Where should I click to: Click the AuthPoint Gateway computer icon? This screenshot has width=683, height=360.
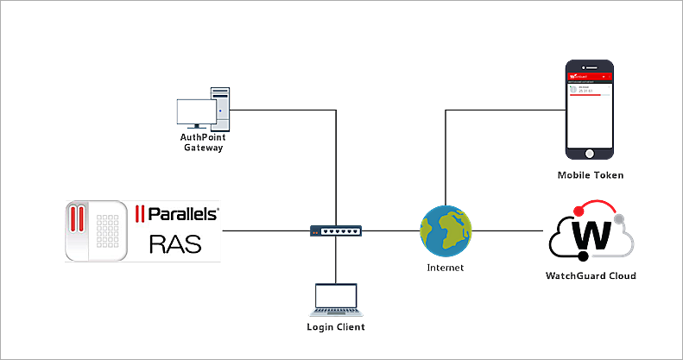click(204, 111)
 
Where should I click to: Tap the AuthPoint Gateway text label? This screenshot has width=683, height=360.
click(203, 142)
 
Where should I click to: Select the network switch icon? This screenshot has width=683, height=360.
click(336, 231)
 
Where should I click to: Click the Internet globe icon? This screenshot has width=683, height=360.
click(446, 231)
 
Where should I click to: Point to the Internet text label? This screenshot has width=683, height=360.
click(446, 268)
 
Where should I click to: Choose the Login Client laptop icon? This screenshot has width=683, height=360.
click(335, 299)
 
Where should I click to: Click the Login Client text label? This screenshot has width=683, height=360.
click(336, 327)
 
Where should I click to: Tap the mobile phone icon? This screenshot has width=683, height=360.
click(590, 110)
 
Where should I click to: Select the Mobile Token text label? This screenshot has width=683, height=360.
click(591, 175)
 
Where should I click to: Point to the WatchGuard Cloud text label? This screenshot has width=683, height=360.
click(591, 275)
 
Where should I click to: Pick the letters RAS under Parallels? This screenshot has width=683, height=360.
click(175, 244)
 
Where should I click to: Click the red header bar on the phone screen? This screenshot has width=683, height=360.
click(590, 77)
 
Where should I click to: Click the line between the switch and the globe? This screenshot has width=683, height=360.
click(391, 231)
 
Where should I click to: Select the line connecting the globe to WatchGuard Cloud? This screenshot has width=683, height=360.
click(509, 231)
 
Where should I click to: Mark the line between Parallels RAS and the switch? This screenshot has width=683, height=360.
click(266, 231)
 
